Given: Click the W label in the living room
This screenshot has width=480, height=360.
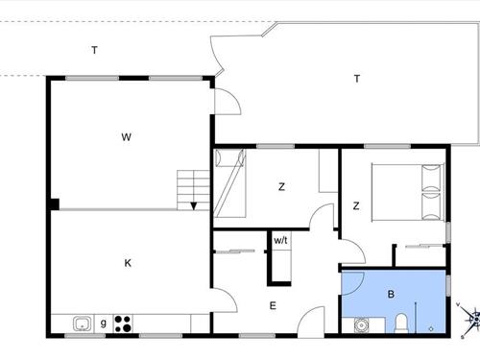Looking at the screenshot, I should pos(126,136).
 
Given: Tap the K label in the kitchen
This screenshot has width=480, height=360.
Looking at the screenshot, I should pos(127,262).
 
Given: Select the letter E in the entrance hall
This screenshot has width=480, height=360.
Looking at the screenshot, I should pos(273,305).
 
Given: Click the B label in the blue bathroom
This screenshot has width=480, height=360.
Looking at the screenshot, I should pos(391,295).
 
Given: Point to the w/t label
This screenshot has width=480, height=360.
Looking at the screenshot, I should pos(280,240).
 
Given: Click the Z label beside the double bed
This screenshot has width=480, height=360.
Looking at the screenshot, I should pos(355,205).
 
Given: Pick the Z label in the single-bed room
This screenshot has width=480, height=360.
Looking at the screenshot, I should pos(281,186).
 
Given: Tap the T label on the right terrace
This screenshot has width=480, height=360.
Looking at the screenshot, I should pos(356,79).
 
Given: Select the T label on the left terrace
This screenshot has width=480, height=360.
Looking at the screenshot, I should pos(94,50).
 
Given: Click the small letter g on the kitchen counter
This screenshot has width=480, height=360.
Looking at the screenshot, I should pos(104,323).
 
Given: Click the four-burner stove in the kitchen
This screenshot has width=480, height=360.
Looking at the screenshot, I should pos(123,324).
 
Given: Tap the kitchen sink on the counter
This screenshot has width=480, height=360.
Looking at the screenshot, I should pos(82,324).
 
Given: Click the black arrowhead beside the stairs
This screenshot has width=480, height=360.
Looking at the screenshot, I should pos(194,204).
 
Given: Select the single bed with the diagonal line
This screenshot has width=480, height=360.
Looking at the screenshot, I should pos(231,184).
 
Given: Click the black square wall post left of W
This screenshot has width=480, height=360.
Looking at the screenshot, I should pos(54,204).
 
